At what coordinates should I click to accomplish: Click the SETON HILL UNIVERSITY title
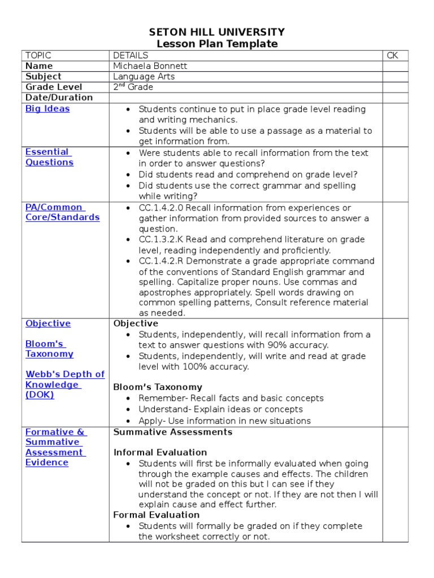coord(217,32)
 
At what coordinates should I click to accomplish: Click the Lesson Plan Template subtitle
coord(217,44)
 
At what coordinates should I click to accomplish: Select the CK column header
coord(393,55)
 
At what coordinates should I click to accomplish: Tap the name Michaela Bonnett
coord(150,66)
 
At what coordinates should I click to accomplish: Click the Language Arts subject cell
coord(144,76)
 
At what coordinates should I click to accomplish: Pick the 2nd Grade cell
coord(133,87)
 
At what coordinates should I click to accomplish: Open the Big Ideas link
coord(47,108)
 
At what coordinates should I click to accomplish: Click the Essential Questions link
coord(49,157)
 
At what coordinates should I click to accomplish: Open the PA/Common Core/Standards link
coord(62,212)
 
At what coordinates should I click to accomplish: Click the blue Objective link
coord(48,323)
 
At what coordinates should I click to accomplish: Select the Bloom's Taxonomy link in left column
coord(49,349)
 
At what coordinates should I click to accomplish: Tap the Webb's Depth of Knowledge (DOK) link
coord(64,384)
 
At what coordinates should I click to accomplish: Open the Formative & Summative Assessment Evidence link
coord(55,447)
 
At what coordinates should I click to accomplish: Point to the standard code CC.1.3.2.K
coord(161,240)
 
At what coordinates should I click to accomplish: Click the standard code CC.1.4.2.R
coord(161,261)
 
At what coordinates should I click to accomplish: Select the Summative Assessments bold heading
coord(173,432)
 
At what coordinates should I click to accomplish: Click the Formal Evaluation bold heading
coord(157,515)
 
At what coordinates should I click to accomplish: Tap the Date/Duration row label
coord(59,97)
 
